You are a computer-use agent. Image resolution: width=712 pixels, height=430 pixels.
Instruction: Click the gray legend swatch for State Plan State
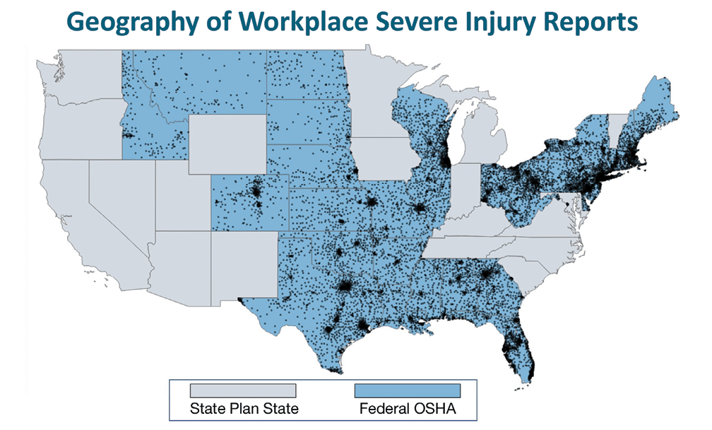[x=242, y=390]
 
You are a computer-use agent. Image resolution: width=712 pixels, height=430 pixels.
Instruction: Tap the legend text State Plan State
[x=242, y=408]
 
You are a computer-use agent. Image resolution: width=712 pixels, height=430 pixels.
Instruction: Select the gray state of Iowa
[x=385, y=159]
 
